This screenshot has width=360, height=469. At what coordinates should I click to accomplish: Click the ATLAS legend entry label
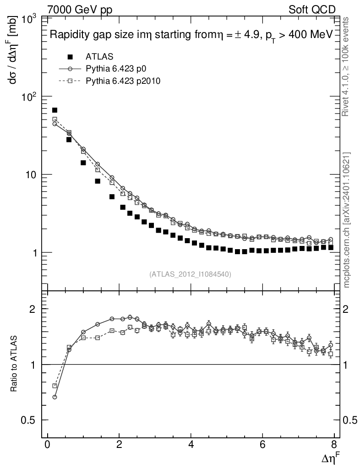97,57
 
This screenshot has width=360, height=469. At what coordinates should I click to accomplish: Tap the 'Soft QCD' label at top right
312,10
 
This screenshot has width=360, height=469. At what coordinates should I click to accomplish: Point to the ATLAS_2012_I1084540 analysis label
190,274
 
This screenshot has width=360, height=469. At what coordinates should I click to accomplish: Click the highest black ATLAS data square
55,110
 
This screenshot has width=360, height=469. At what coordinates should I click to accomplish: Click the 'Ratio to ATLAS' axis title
15,364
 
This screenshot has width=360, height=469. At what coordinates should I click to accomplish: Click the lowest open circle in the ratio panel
55,397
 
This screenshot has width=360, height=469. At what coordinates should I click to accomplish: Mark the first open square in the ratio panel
55,386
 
